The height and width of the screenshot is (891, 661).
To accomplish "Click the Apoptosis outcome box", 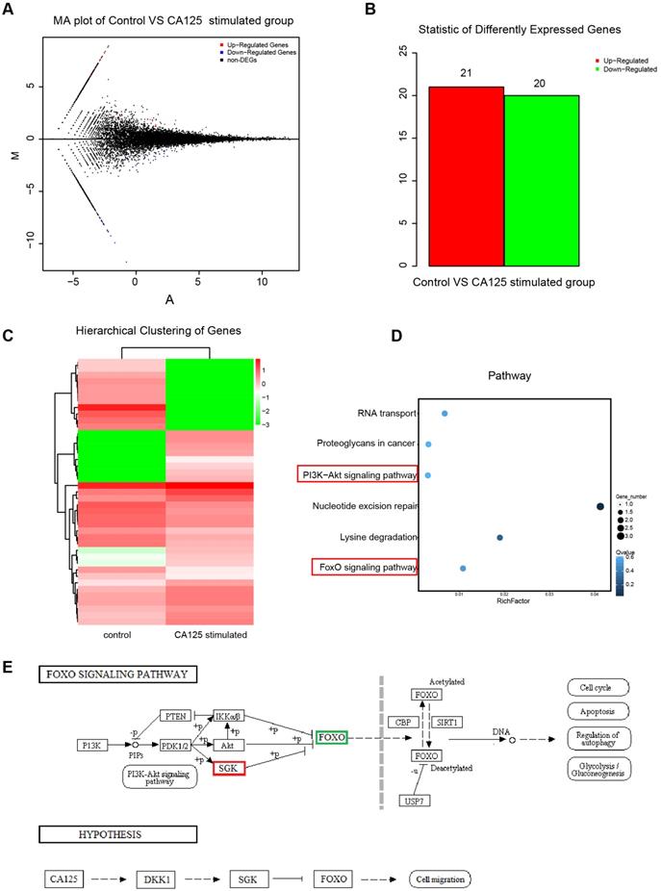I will tap(597, 713).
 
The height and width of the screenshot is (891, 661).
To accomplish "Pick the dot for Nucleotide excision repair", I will tap(600, 506).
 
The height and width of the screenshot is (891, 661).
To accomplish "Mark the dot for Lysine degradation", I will tap(499, 537).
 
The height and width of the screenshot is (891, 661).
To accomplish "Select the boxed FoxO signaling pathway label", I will tap(365, 568).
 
